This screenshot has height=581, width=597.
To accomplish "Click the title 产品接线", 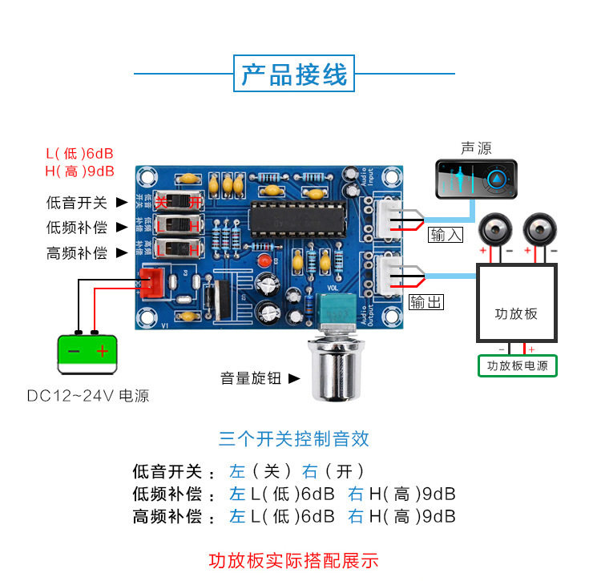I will (294, 75).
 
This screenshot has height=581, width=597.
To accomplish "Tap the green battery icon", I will (88, 353).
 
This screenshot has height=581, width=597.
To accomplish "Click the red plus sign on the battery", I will (103, 352).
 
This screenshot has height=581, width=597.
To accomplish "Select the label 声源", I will (476, 148).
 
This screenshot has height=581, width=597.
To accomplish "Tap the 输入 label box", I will (446, 235).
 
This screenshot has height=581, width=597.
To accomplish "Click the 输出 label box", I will (426, 302).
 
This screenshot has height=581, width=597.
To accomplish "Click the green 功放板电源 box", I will (517, 366).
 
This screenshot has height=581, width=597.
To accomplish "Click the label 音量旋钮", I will (251, 377).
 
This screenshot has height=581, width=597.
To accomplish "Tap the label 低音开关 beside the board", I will (77, 203).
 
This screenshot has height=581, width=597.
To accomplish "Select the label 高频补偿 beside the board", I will (77, 253).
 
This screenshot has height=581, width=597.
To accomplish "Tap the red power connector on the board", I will (151, 281).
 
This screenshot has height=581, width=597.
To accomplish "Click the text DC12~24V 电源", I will (88, 396).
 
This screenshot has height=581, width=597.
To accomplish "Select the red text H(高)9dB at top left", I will (80, 171).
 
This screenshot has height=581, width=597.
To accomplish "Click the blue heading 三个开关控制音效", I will (294, 438).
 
